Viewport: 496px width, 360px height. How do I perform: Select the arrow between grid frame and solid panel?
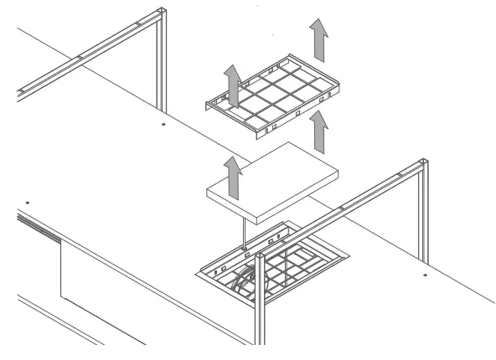pyautogui.click(x=318, y=132)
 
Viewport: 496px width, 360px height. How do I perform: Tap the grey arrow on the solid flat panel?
pyautogui.click(x=235, y=176)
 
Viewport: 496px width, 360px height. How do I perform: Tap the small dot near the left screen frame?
pyautogui.click(x=163, y=123)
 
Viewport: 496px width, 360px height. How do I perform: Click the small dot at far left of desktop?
pyautogui.click(x=27, y=202)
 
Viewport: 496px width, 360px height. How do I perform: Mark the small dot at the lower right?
pyautogui.click(x=426, y=275)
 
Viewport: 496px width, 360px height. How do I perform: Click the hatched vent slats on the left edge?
pyautogui.click(x=38, y=227)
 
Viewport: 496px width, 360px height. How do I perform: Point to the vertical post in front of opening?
pyautogui.click(x=260, y=301)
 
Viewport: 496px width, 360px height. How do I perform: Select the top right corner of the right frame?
pyautogui.click(x=423, y=163)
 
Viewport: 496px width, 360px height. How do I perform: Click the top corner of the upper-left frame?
pyautogui.click(x=159, y=13)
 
